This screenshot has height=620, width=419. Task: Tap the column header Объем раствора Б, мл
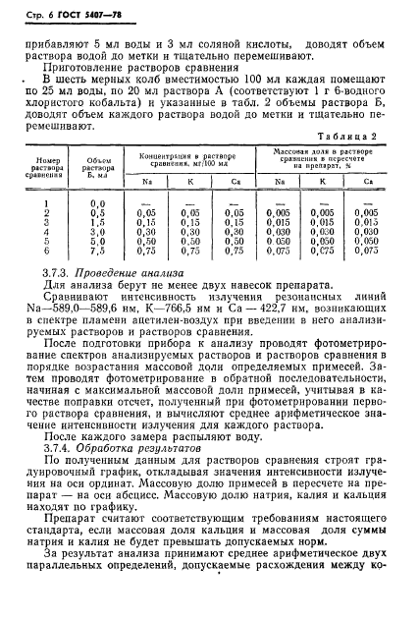click(x=97, y=164)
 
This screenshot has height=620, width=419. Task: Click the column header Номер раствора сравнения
click(x=49, y=164)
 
